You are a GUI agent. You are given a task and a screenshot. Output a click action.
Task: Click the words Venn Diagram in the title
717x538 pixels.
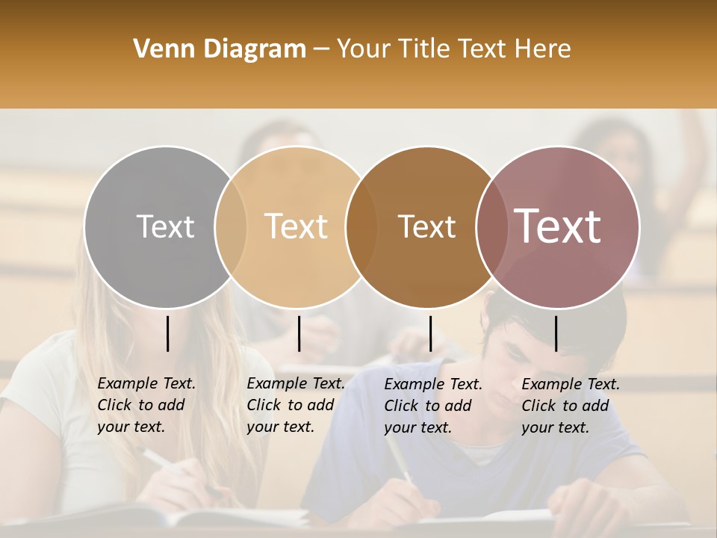click(220, 49)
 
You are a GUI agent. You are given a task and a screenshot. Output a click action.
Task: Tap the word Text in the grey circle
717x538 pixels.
click(165, 226)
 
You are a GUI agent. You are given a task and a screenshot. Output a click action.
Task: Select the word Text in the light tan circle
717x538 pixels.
click(297, 226)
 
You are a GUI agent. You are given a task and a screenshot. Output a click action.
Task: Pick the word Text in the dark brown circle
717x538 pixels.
click(426, 226)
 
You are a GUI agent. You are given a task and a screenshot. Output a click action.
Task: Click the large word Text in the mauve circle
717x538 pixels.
click(558, 226)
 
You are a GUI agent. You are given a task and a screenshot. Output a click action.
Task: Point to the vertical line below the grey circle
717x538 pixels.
click(167, 333)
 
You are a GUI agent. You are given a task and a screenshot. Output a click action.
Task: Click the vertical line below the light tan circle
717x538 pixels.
click(299, 333)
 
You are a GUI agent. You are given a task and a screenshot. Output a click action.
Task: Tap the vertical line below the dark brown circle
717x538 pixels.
click(430, 333)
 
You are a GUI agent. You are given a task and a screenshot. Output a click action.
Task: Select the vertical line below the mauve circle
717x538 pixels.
click(556, 333)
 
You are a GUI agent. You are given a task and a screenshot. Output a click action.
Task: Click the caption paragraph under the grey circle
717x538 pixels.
click(146, 405)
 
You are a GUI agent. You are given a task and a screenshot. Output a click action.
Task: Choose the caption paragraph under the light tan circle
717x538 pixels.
click(296, 405)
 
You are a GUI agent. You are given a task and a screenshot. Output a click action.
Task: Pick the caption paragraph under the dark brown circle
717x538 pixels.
click(433, 406)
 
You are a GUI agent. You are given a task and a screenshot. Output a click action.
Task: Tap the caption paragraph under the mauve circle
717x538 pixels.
click(571, 406)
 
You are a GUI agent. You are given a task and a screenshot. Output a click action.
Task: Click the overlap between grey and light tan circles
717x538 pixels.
click(231, 226)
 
